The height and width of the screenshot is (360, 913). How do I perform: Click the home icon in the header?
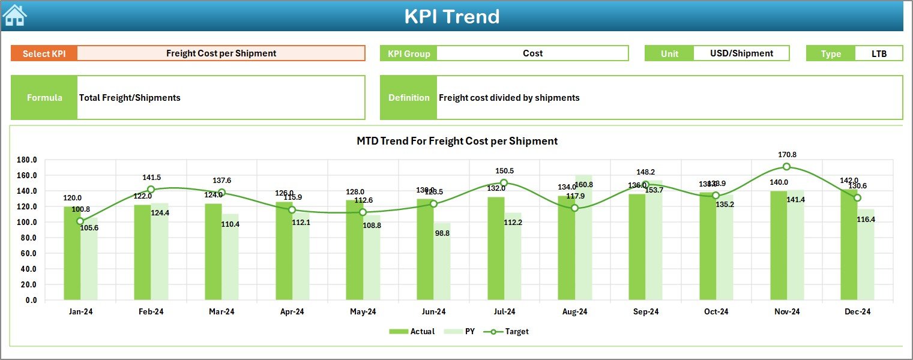(x=15, y=16)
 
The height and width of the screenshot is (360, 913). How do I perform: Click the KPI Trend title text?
(x=451, y=17)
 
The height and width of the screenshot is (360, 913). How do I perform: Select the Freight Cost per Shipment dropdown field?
(x=221, y=53)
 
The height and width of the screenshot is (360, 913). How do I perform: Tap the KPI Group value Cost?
(x=532, y=53)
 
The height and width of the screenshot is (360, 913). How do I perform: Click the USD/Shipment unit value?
(x=741, y=53)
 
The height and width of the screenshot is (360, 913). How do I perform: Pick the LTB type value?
(x=879, y=53)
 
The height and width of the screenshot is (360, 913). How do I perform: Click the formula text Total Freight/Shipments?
(x=130, y=98)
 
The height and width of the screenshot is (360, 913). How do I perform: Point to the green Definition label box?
(x=409, y=98)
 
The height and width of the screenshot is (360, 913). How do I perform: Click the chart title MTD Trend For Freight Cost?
(x=457, y=141)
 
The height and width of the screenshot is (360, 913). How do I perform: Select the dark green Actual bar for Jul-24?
(x=496, y=248)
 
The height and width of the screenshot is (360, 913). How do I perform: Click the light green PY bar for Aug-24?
(x=583, y=240)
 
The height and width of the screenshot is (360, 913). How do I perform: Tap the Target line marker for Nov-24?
(x=786, y=167)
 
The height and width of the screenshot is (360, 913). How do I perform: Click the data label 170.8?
(x=786, y=154)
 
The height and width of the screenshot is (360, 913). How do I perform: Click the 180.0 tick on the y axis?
(x=27, y=160)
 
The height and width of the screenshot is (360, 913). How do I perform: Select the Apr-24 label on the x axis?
(x=292, y=311)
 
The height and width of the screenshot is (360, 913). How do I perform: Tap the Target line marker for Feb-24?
(x=151, y=190)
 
